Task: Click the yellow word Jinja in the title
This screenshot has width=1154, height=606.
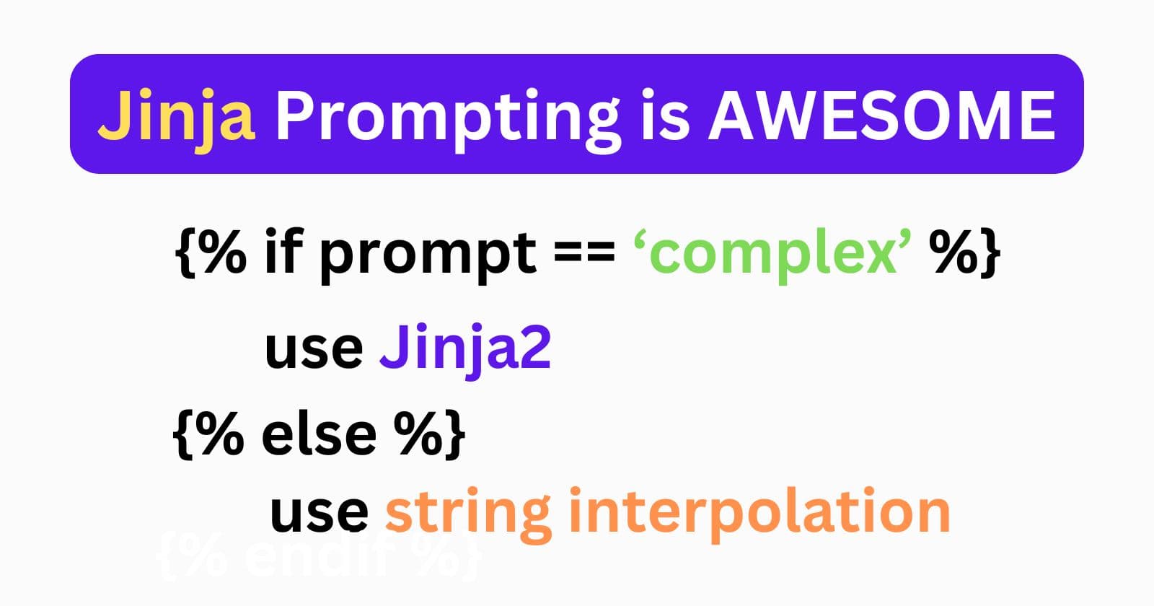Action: (x=176, y=115)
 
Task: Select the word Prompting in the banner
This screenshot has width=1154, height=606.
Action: (x=447, y=115)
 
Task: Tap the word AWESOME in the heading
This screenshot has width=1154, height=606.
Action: (x=881, y=115)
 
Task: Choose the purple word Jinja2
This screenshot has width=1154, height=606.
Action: (x=465, y=350)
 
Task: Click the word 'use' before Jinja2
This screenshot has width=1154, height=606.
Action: (x=314, y=350)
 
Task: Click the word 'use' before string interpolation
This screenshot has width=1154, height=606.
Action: (x=319, y=512)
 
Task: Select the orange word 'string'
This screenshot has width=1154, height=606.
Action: (x=470, y=514)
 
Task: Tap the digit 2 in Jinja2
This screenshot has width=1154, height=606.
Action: (x=534, y=350)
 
